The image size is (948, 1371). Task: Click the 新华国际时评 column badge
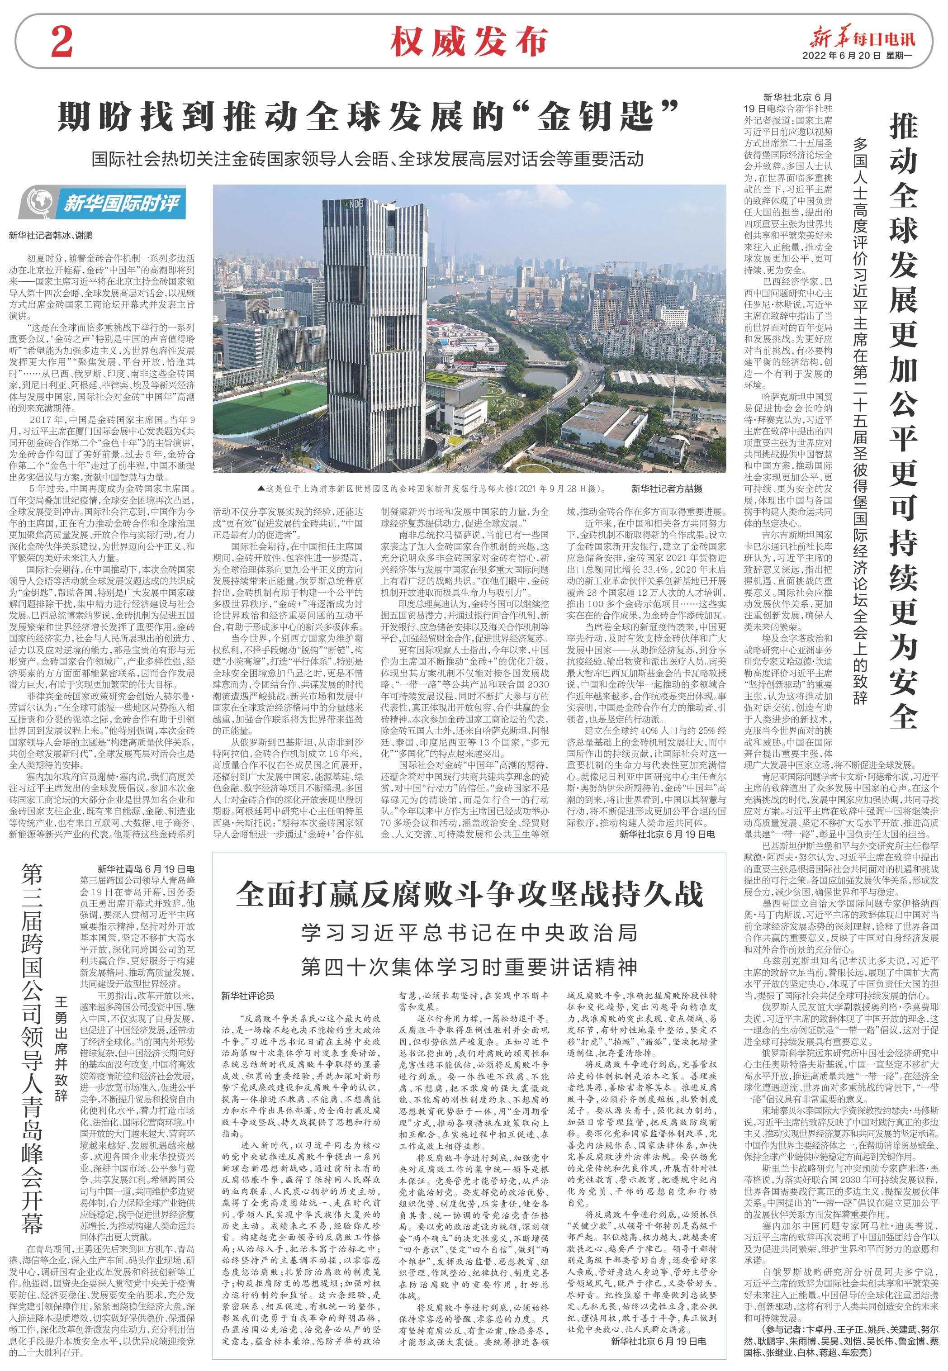point(101,203)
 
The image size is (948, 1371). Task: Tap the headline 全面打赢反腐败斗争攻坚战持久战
point(469,895)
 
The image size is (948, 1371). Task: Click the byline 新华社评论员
point(248,995)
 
